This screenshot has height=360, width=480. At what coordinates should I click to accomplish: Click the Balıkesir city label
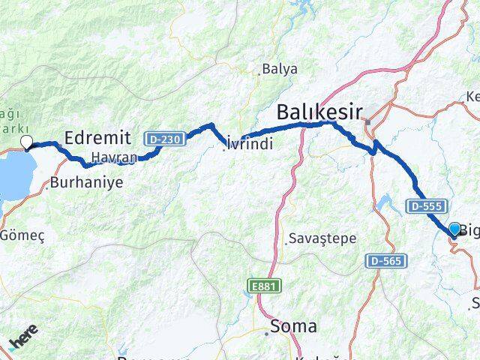320,113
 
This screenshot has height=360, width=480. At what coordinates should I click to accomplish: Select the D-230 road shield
163,139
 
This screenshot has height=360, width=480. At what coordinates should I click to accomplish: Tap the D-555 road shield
428,205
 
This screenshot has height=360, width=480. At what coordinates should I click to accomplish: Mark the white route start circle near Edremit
27,142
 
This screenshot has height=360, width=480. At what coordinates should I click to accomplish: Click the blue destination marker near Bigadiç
454,229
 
